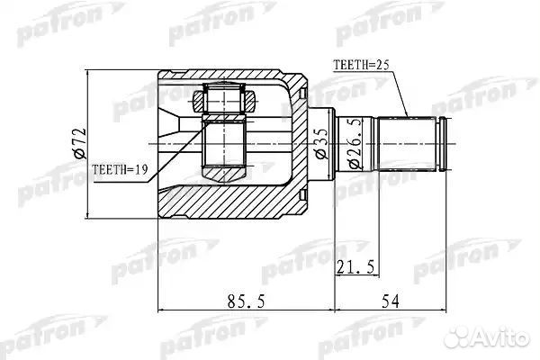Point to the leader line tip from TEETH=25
pos(408,117)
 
